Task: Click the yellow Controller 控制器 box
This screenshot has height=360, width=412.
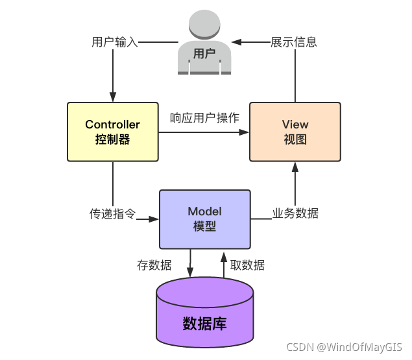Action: pos(113,132)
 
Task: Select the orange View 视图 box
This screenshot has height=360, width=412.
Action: pos(295,132)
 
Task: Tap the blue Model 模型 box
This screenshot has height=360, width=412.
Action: pos(204,219)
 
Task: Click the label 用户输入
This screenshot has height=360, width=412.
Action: pos(115,43)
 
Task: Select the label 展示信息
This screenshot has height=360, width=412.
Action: pos(294,43)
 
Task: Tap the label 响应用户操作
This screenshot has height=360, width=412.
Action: pos(204,118)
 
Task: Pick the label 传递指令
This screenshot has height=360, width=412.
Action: pos(112,213)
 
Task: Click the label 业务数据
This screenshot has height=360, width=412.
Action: pos(295,213)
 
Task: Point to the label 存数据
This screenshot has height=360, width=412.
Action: pos(154,265)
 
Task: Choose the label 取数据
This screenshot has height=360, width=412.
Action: pos(247,265)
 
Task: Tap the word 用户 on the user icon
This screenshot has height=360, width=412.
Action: pos(204,54)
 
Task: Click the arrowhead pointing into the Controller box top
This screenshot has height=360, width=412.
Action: pos(113,97)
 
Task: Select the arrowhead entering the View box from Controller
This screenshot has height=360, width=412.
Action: pos(245,132)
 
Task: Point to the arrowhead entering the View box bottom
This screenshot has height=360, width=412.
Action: pos(295,167)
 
